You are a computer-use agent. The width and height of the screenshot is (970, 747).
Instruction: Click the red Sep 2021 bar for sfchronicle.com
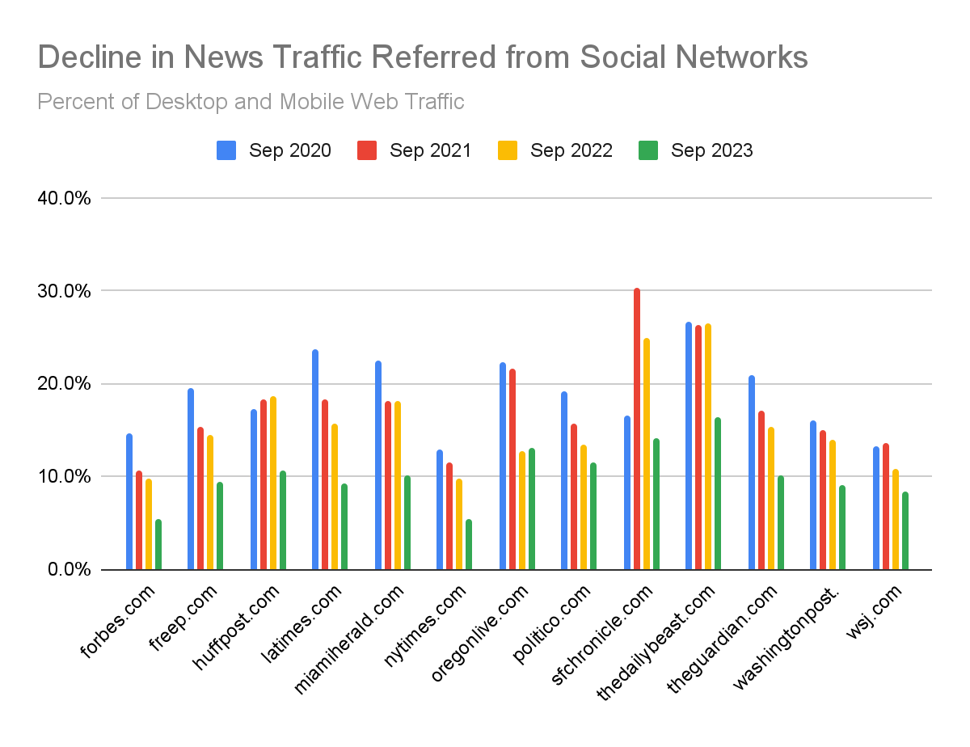point(637,428)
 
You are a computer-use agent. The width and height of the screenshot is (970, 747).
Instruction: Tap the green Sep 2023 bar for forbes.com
point(158,545)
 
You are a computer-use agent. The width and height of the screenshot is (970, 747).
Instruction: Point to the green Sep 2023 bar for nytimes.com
point(469,545)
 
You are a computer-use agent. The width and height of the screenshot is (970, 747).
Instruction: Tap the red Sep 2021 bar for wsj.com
point(886,506)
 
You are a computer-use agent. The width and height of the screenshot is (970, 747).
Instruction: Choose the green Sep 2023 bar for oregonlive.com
point(532,509)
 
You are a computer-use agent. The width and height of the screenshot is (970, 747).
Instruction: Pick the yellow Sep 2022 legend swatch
point(507,150)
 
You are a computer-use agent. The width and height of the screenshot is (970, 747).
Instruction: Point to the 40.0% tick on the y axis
point(64,198)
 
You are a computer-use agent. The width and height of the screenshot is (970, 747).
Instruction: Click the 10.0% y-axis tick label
point(64,477)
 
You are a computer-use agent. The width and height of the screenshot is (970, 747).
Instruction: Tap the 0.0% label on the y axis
point(68,570)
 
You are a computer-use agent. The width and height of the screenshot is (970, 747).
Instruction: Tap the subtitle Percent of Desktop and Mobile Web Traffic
point(251,102)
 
